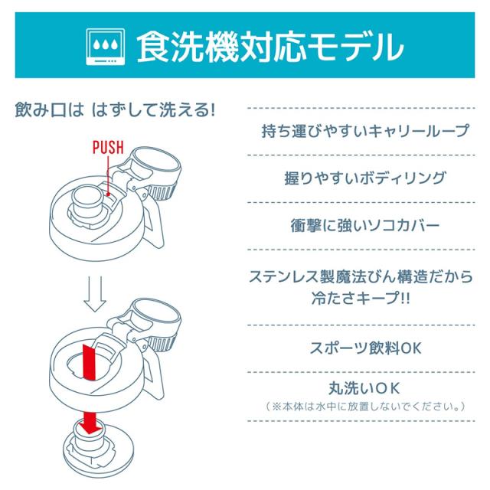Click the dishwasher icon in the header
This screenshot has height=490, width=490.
(103, 47)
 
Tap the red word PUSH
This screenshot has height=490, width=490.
(107, 148)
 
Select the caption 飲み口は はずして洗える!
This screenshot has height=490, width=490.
(115, 109)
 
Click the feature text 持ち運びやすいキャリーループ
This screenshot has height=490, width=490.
(364, 131)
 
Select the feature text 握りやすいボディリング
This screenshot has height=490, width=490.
(364, 178)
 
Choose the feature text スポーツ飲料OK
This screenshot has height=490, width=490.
(364, 348)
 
